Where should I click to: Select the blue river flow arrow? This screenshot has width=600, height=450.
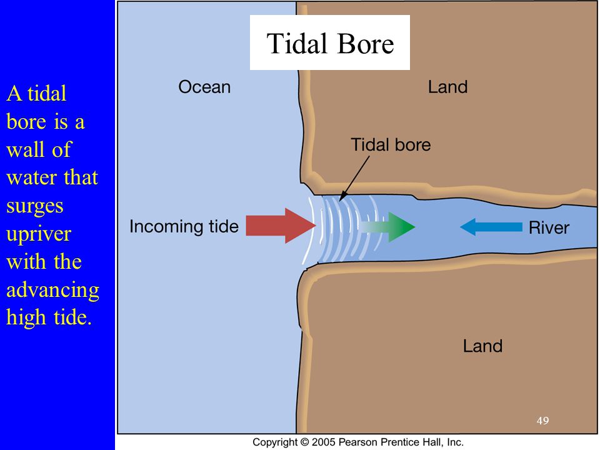click(491, 226)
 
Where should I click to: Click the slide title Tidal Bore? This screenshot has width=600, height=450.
click(330, 43)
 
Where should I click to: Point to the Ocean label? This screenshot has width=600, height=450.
click(204, 87)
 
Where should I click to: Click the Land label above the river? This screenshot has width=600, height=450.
click(447, 87)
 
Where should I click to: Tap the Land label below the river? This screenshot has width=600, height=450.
click(482, 346)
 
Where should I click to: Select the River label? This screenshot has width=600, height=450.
click(549, 227)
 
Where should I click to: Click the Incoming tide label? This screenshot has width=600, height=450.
click(184, 226)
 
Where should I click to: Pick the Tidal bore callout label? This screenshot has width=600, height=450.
click(391, 145)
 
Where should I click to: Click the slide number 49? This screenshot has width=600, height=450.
click(542, 421)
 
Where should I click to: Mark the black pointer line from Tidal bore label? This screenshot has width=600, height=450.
click(354, 176)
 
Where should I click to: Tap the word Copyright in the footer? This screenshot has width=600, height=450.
click(275, 442)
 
